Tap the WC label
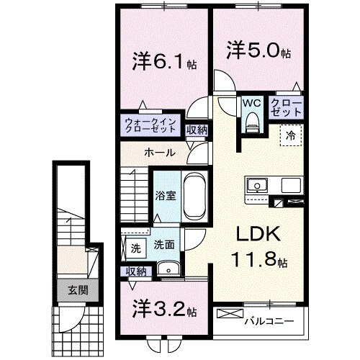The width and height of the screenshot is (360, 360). tap(250, 103)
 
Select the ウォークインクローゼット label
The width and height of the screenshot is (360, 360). tap(151, 125)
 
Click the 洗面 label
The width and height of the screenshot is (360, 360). tap(163, 245)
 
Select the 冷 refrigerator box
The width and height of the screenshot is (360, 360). tap(289, 135)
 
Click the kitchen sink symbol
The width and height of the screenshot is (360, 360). tap(257, 186)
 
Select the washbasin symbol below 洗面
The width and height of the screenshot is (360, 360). tap(172, 271)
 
